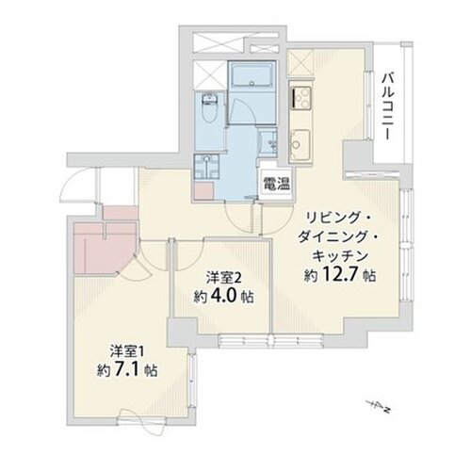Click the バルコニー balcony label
coord(387,107)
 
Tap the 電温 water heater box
coord(276,184)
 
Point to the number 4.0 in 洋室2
coord(224,296)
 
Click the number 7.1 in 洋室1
coord(127,370)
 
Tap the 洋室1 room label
coord(127,351)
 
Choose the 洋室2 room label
coord(224,278)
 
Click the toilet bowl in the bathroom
coord(207,109)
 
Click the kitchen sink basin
coord(300,144)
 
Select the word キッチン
coord(340,256)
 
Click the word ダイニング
coord(332,236)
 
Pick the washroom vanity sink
coord(268,142)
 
